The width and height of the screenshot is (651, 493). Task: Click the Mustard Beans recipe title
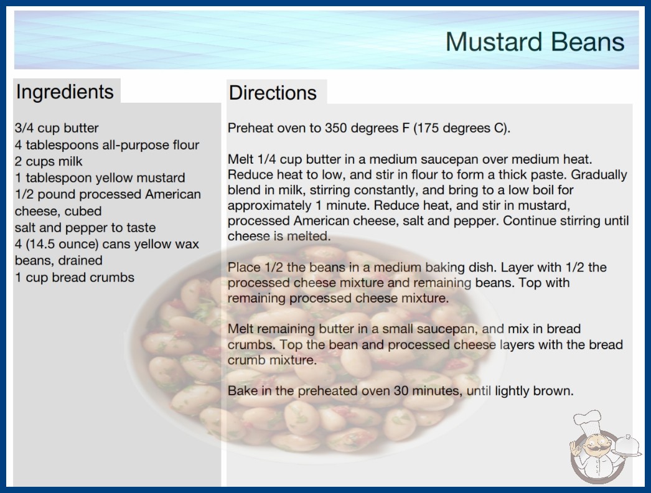coord(535,42)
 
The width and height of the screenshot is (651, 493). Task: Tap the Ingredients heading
coord(65,92)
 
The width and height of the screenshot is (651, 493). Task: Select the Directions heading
coord(273,93)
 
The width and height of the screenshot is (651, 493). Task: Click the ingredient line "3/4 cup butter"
coord(57,128)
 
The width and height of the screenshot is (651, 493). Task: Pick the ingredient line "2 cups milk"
coord(49,161)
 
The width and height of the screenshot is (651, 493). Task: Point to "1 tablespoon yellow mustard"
coord(100,178)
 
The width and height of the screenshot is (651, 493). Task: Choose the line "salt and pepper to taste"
coord(85,228)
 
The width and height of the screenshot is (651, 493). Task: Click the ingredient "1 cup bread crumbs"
coord(75,278)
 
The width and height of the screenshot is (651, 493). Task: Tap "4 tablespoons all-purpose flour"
coord(107,145)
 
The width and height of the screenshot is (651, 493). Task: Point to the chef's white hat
coord(588,421)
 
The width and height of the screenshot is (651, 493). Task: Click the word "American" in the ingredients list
coord(173,194)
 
